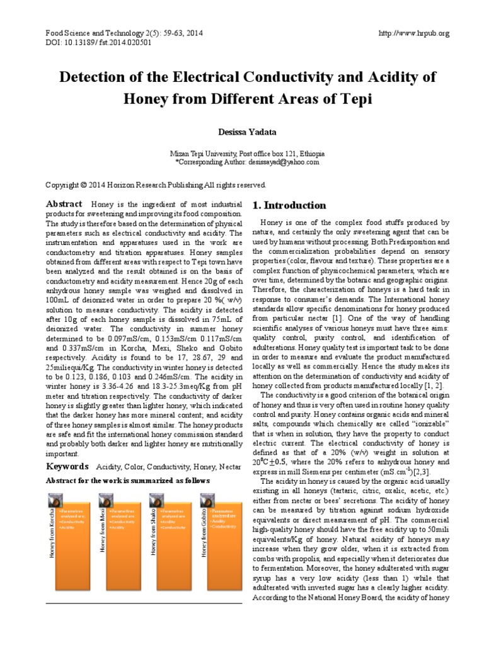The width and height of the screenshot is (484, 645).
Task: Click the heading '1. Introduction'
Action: coord(289,205)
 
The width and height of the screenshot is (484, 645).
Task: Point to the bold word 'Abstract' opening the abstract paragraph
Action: coord(64,203)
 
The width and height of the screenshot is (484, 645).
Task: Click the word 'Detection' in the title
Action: coord(91,77)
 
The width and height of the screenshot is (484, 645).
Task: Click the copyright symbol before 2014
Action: coord(83,185)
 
